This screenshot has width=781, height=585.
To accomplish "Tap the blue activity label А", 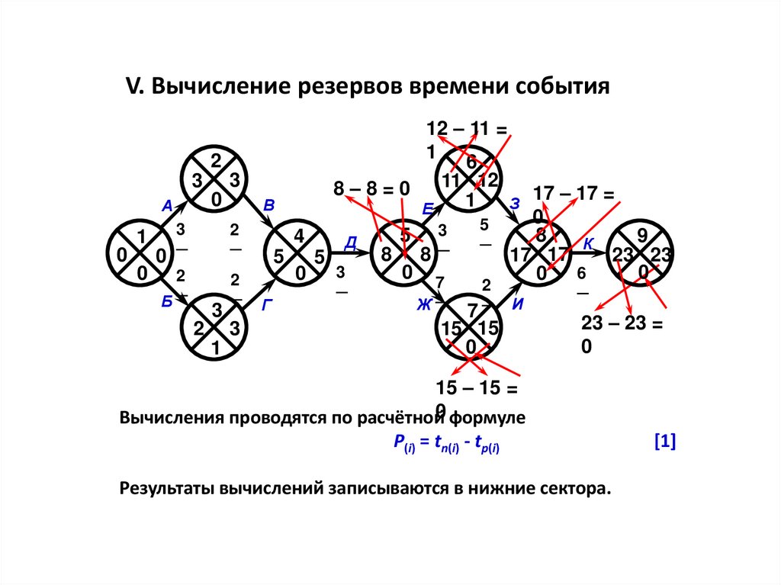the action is tap(167, 204).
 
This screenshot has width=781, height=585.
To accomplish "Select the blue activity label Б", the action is tap(167, 301).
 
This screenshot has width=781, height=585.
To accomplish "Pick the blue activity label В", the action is tap(268, 204).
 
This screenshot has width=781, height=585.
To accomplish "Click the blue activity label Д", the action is tap(351, 243).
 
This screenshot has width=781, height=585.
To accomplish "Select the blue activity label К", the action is tap(589, 244).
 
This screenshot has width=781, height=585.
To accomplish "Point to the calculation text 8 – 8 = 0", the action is tap(371, 188).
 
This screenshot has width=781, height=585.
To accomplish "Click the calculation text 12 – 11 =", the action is tap(468, 129).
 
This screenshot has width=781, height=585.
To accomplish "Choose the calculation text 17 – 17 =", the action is tap(573, 194).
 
